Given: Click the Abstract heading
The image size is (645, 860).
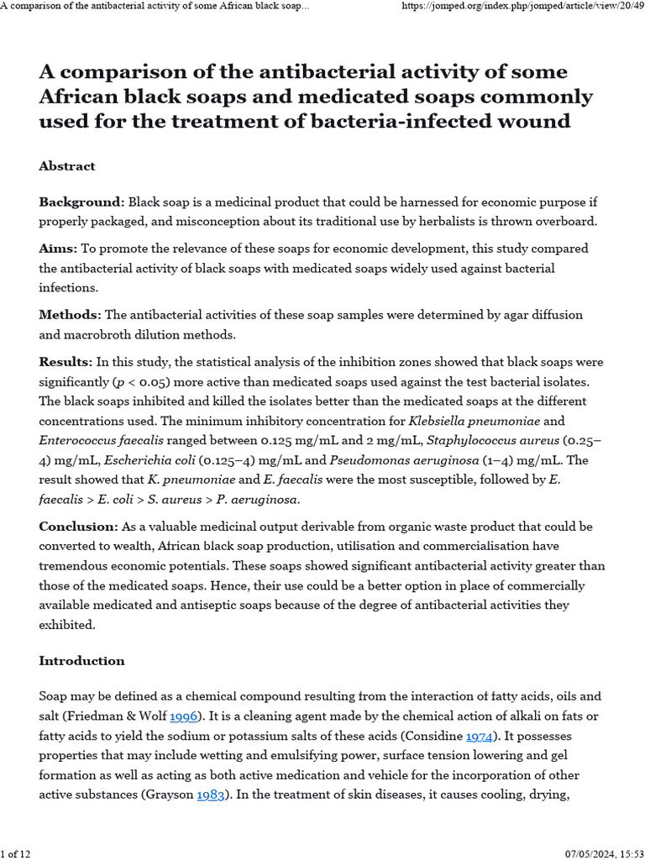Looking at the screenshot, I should [67, 166].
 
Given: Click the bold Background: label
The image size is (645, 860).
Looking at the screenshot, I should [81, 202].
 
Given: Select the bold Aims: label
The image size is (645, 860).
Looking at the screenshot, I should [58, 249].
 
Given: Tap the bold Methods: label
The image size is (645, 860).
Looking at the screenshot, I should [71, 314].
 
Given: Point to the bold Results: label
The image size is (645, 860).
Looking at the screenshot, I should [66, 362].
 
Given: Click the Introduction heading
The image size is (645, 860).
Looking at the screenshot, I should [81, 661].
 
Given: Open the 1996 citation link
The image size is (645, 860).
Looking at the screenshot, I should [184, 716].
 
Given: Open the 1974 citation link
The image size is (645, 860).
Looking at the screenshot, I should [480, 736].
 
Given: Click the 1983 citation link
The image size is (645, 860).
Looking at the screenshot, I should [211, 794].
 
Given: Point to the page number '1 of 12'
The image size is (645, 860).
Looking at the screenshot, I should [16, 853].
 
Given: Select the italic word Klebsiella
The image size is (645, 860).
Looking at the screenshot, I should [443, 420].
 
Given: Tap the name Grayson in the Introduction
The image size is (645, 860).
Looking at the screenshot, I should [170, 794].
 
